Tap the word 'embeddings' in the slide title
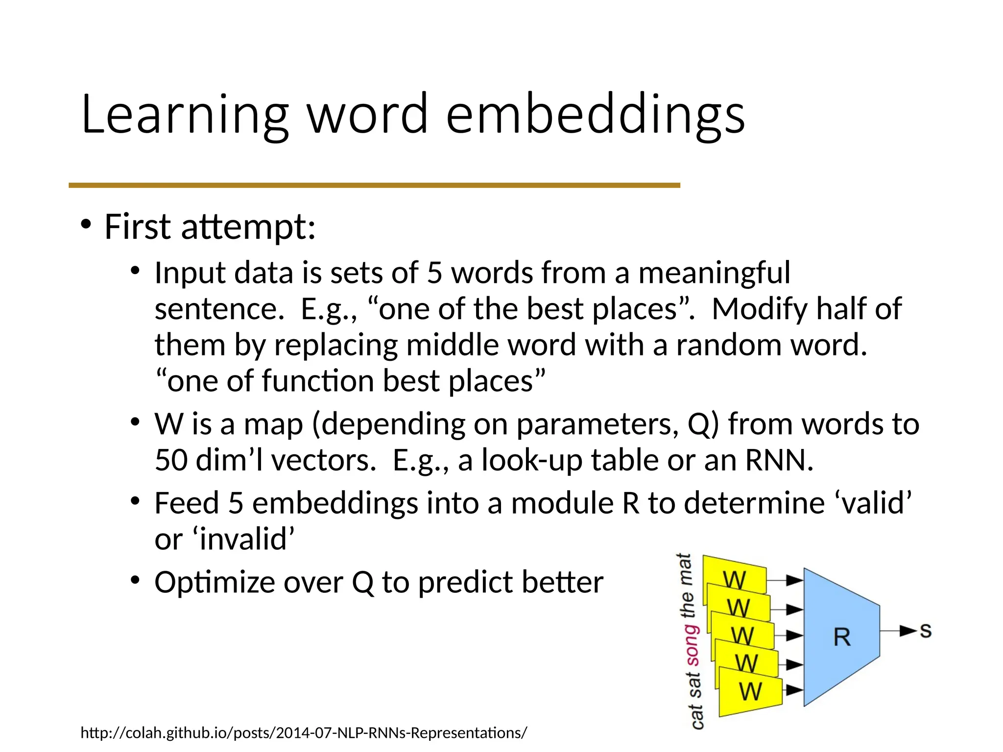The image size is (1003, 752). pyautogui.click(x=595, y=115)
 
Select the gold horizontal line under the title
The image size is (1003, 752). pyautogui.click(x=374, y=186)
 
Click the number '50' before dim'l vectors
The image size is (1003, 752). pyautogui.click(x=171, y=460)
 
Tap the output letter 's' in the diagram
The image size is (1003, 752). pyautogui.click(x=925, y=631)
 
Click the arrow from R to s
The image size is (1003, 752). pyautogui.click(x=898, y=631)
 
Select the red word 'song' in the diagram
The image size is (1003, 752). pyautogui.click(x=692, y=645)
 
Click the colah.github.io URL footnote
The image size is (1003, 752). pyautogui.click(x=304, y=733)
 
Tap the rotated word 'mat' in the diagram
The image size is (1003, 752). pyautogui.click(x=684, y=569)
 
